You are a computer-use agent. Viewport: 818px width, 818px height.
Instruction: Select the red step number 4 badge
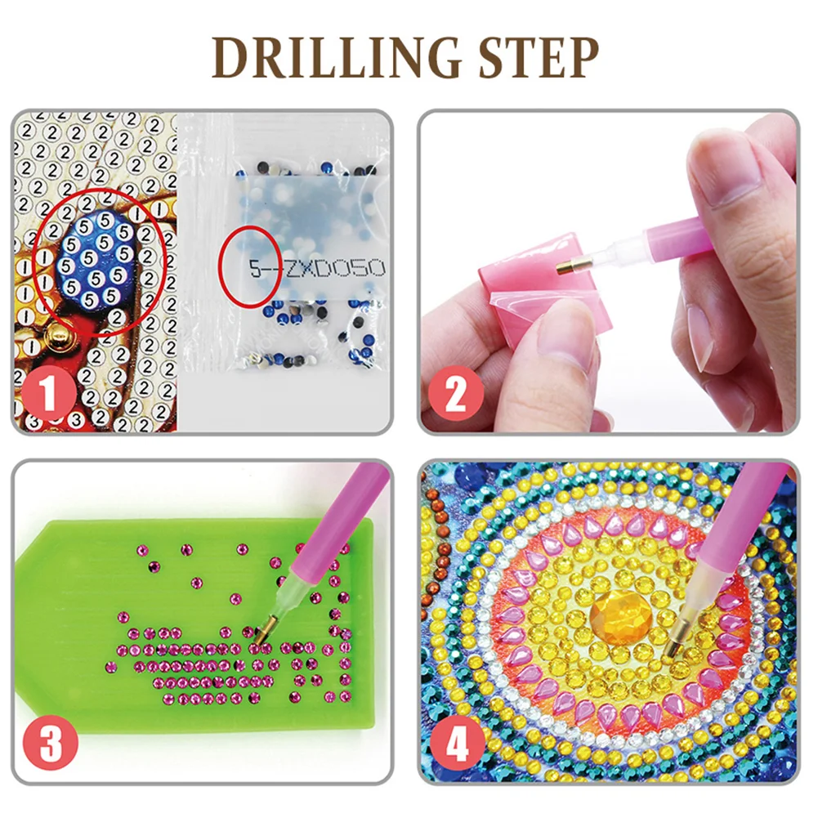point(455,746)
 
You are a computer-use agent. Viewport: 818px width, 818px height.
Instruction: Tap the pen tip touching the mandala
point(670,650)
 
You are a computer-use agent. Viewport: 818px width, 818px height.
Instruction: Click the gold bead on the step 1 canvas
point(57,333)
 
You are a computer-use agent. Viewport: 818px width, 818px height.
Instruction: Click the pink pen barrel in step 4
point(735,523)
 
